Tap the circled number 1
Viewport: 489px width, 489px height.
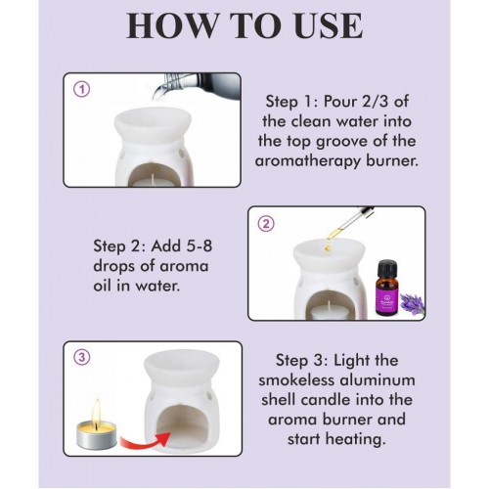[81, 89]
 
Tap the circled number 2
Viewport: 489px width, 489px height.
[266, 224]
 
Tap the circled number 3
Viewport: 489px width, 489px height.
[81, 358]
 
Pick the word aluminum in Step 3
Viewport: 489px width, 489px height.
[378, 380]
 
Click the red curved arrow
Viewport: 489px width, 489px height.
[146, 440]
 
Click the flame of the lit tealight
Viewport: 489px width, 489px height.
[97, 412]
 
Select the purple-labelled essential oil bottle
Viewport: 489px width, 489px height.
[387, 288]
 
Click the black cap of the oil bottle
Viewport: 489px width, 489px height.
[387, 268]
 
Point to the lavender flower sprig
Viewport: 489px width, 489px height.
[412, 303]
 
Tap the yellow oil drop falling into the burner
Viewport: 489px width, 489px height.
[328, 247]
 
